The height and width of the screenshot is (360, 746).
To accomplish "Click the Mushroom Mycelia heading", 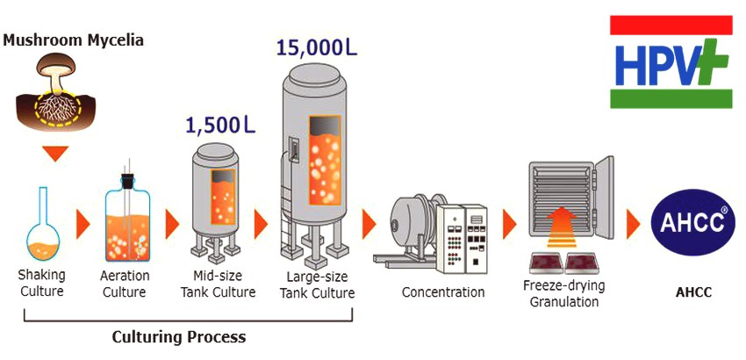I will click(x=73, y=40).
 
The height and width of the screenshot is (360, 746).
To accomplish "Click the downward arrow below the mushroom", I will click(x=55, y=154).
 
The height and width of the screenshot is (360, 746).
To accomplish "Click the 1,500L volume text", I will click(x=219, y=125).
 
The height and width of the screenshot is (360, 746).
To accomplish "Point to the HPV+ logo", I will click(x=671, y=62).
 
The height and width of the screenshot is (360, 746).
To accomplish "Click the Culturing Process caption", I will click(x=179, y=337).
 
